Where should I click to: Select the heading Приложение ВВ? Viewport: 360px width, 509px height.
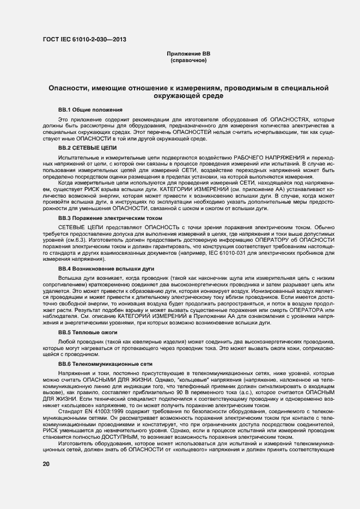pyautogui.click(x=188, y=54)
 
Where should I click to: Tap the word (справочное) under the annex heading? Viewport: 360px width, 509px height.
pyautogui.click(x=188, y=60)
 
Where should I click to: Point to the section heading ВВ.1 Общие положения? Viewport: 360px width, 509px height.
pyautogui.click(x=90, y=109)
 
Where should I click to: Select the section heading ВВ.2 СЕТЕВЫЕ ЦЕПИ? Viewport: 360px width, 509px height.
pyautogui.click(x=87, y=148)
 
